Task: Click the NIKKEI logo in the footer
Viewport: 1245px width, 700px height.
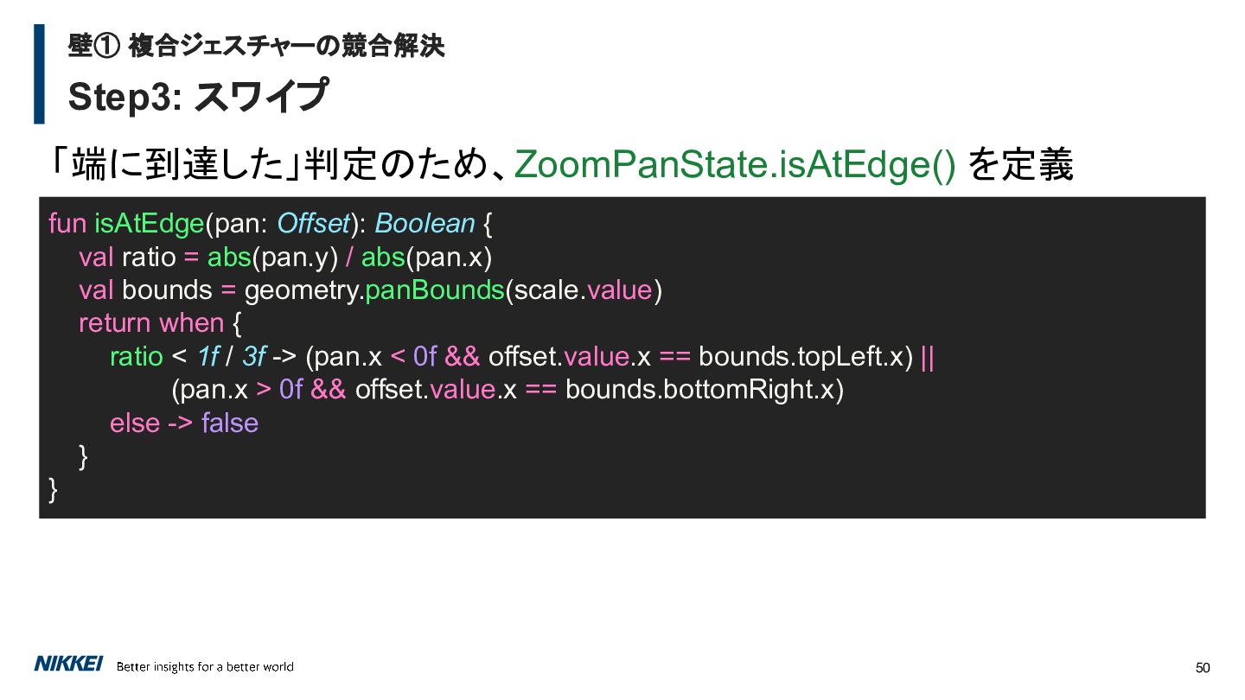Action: click(x=68, y=664)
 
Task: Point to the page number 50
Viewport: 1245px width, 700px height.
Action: click(x=1202, y=668)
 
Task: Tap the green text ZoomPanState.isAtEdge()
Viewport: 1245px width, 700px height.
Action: click(x=735, y=164)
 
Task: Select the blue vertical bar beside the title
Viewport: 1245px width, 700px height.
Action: click(x=39, y=74)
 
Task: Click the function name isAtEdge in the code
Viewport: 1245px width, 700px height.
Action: click(x=149, y=224)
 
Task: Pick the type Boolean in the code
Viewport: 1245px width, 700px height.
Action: click(x=425, y=224)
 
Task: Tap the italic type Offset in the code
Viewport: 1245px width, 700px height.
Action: click(x=314, y=224)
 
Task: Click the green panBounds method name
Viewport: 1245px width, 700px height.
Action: click(x=435, y=290)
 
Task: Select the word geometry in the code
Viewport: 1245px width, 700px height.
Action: click(x=303, y=290)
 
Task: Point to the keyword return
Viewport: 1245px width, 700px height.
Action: click(x=114, y=323)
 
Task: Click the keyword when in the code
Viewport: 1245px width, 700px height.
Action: click(x=191, y=323)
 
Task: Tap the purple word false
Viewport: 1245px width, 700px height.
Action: click(x=230, y=423)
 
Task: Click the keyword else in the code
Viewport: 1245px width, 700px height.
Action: click(x=135, y=423)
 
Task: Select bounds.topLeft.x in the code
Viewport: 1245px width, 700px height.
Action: click(x=806, y=357)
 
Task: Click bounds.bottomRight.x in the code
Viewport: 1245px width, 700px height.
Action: click(x=704, y=390)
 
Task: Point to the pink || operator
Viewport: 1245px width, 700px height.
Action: click(x=928, y=357)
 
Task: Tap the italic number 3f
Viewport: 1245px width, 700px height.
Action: click(x=254, y=357)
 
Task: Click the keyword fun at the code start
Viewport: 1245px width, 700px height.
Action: click(x=67, y=224)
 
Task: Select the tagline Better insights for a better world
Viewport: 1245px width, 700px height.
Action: click(x=205, y=666)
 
